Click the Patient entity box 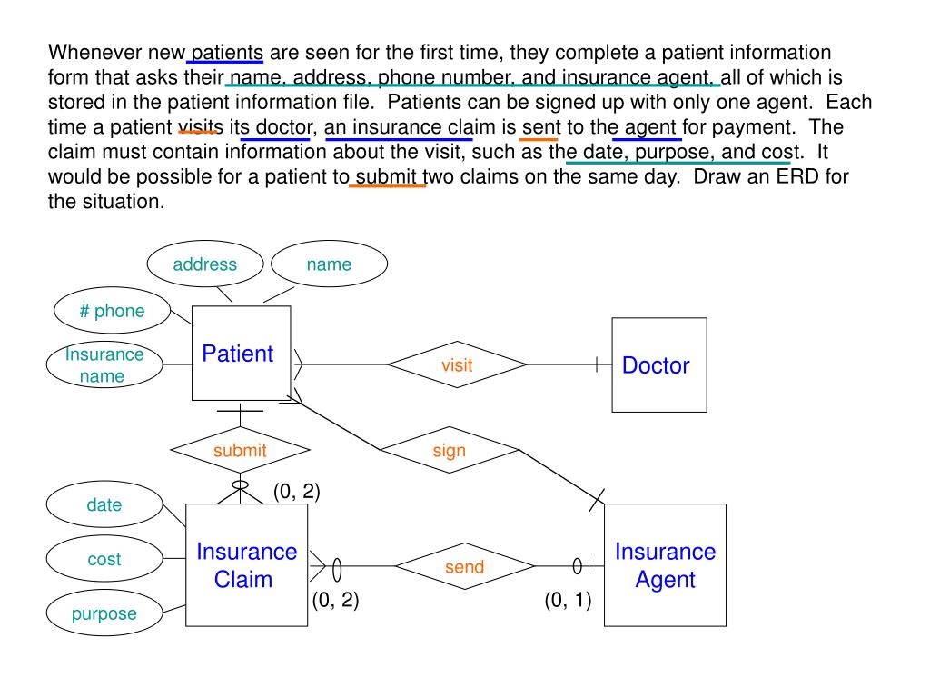tap(241, 354)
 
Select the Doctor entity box tap(658, 364)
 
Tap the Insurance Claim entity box tap(246, 565)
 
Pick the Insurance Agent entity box tap(665, 565)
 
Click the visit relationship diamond tap(457, 364)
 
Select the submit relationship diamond tap(240, 450)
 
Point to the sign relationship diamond tap(449, 450)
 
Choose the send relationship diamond tap(464, 567)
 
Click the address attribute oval tap(205, 264)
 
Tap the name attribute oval tap(329, 264)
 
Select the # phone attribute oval tap(112, 312)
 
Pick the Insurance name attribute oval tap(104, 364)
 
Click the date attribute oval tap(104, 505)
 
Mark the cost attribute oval tap(104, 560)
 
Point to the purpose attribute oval tap(104, 613)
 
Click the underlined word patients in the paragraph tap(227, 52)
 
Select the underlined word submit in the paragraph tap(388, 176)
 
